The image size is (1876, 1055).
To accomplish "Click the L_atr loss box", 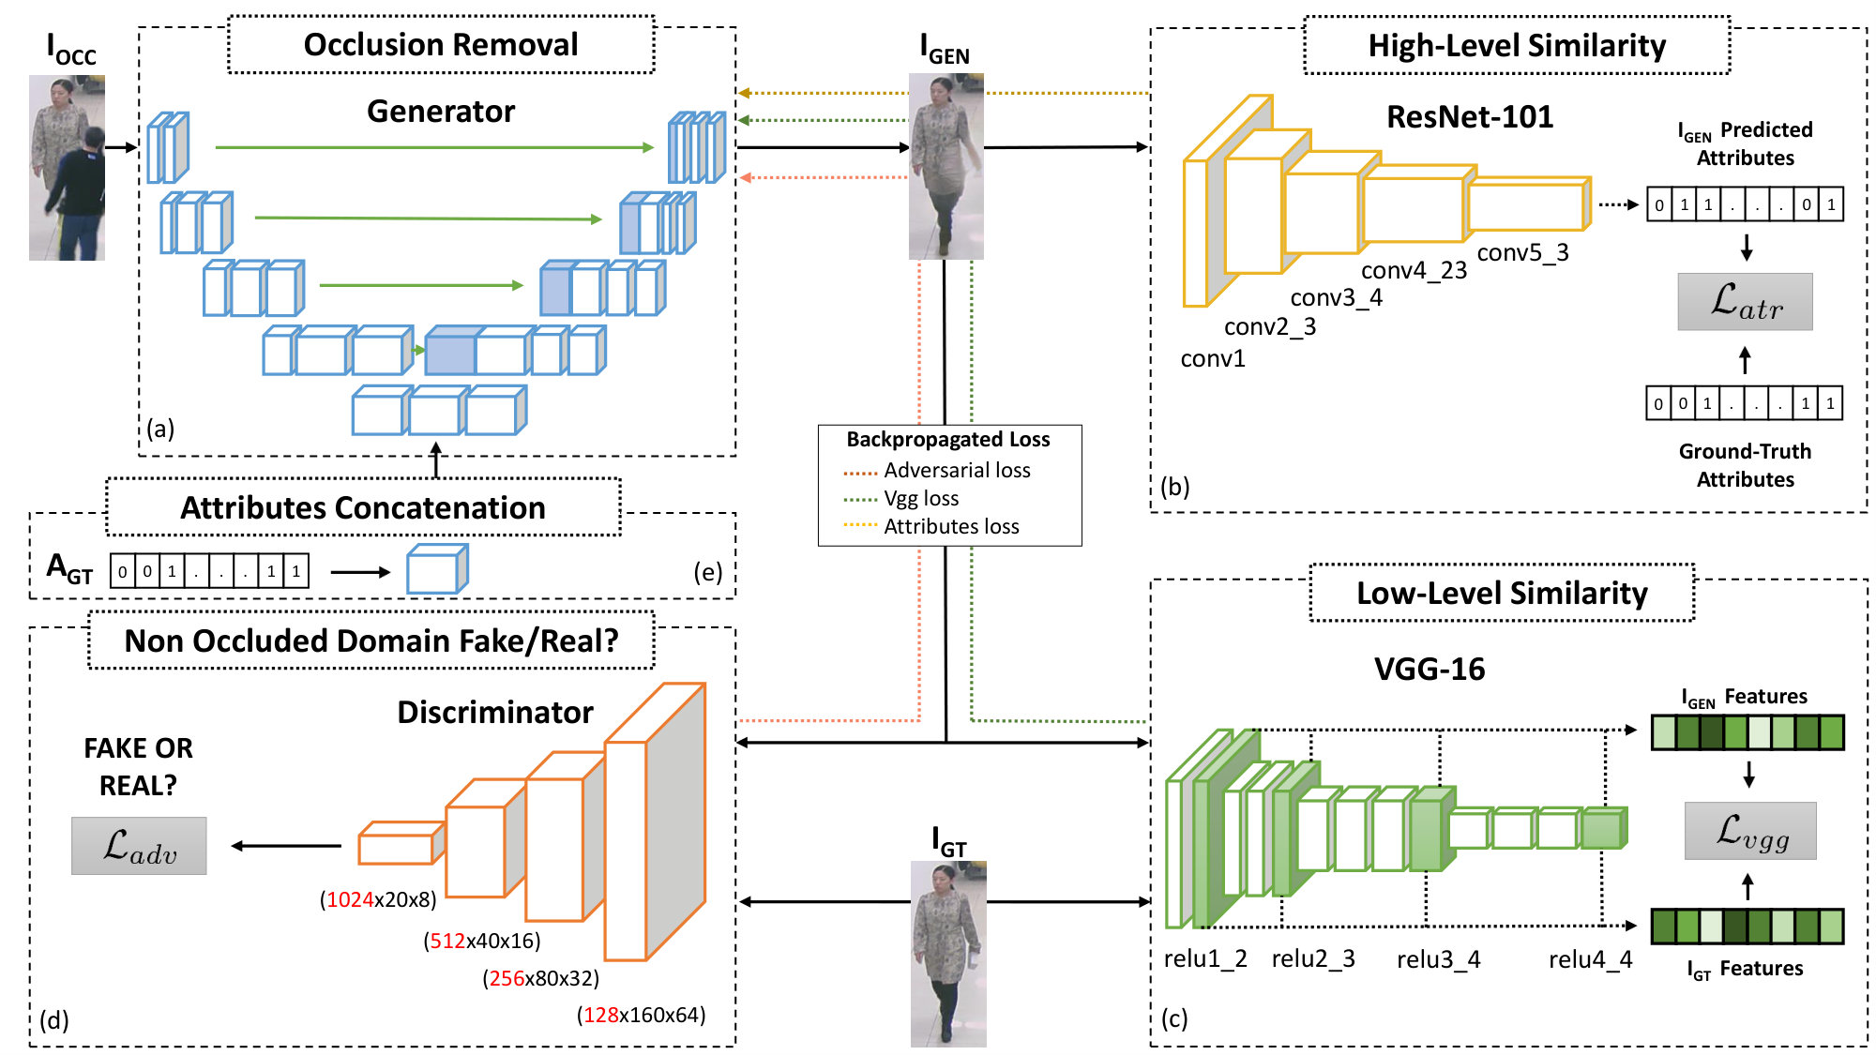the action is (x=1745, y=302).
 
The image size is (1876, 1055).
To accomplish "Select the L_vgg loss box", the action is (x=1750, y=831).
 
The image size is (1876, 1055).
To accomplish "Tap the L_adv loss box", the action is (x=139, y=846).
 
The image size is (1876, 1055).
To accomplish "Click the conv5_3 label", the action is (x=1522, y=253).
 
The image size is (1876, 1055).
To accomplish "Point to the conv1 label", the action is (x=1213, y=359).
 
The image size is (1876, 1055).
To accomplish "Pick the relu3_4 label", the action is (x=1438, y=959).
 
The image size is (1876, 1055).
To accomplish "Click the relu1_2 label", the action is (x=1205, y=959).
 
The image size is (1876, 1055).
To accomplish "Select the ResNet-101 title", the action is (x=1470, y=116).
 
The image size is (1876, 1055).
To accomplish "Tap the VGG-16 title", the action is (x=1430, y=669).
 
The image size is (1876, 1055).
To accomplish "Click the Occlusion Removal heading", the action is (x=441, y=45).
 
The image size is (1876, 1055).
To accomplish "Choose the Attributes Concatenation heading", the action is (x=363, y=507).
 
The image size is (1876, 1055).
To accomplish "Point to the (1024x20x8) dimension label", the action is (x=378, y=900).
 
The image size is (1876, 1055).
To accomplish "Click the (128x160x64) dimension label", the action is (x=642, y=1015).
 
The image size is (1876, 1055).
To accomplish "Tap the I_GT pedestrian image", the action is (x=948, y=954).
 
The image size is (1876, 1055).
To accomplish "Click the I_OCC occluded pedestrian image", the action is (x=67, y=168).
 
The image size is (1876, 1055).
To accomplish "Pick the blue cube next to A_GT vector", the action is (x=437, y=568).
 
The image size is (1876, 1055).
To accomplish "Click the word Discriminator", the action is (x=495, y=713).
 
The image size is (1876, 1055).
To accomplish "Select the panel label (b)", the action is (x=1174, y=487).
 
